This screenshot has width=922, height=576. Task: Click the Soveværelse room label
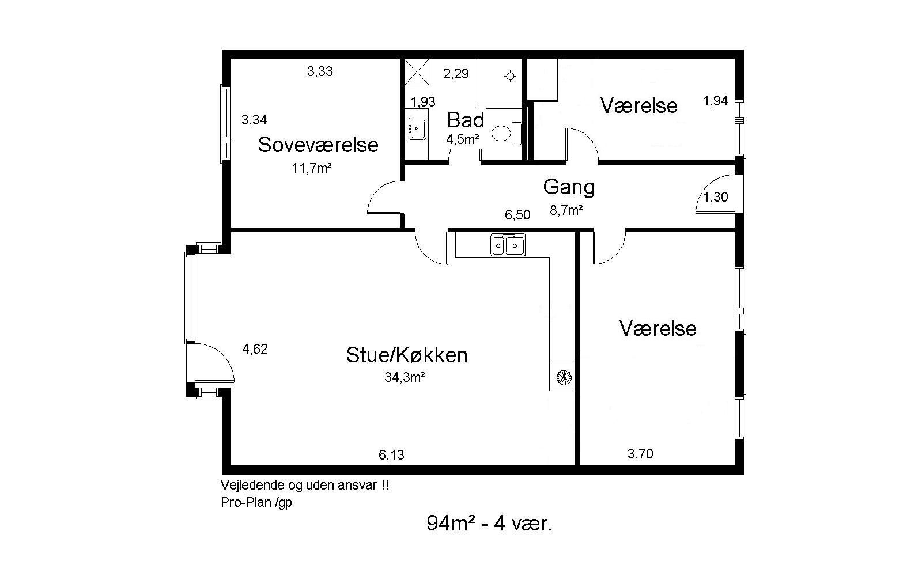coord(318,145)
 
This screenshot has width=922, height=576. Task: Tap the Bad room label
coord(466,120)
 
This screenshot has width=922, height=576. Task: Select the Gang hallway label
coord(569,187)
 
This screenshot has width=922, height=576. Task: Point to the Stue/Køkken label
coord(407,355)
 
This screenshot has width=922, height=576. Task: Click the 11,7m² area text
coord(312,168)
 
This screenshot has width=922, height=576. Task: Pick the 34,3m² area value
coord(405,377)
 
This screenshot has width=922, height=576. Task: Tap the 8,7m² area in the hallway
coord(566,210)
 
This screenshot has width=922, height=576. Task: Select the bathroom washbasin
coord(417,128)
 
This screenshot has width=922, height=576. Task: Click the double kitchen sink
coord(508,245)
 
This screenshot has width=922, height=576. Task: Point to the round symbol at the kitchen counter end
coord(564,377)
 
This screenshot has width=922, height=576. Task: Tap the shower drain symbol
coord(511,77)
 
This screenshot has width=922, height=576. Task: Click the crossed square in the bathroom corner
coord(417,72)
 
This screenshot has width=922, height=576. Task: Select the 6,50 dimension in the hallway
coord(517,215)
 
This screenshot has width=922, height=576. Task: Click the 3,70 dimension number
coord(640,454)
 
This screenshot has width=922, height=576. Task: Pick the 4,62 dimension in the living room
coord(255,349)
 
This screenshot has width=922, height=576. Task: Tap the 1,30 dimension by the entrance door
coord(715,197)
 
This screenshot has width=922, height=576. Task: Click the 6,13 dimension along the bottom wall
coord(391,455)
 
